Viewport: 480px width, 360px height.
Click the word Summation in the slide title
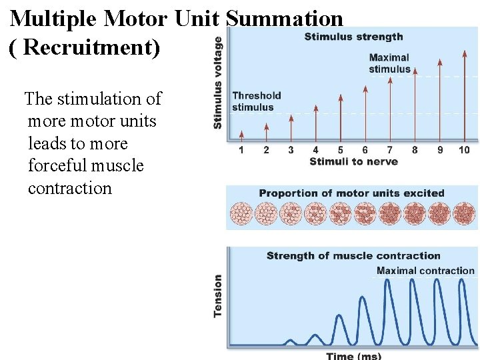coord(285,18)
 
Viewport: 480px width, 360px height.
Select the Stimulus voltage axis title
coord(218,83)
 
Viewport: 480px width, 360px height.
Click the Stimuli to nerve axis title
coord(353,161)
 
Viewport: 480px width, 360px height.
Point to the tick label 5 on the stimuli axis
coord(340,150)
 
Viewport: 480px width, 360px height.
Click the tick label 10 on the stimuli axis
coord(464,150)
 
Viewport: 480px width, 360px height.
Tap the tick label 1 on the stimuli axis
coord(241,150)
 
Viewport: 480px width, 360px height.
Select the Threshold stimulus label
coord(257,101)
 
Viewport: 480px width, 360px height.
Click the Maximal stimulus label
coord(389,63)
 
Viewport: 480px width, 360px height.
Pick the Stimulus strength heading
coord(353,37)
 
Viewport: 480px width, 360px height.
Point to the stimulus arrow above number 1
coord(241,135)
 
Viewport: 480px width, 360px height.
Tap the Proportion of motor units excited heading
coord(351,193)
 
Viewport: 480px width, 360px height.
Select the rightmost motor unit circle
coord(464,214)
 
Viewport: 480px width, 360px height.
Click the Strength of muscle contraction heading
coord(353,255)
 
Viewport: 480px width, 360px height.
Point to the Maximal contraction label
coord(425,271)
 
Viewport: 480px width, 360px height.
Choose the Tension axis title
coord(218,296)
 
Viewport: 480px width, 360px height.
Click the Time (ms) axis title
coord(353,356)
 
